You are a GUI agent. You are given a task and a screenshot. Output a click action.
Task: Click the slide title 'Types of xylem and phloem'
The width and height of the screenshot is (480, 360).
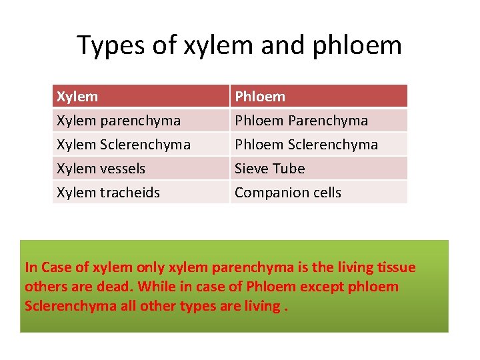click(239, 45)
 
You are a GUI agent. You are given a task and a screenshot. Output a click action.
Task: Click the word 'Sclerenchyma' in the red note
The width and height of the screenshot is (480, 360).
click(67, 306)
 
